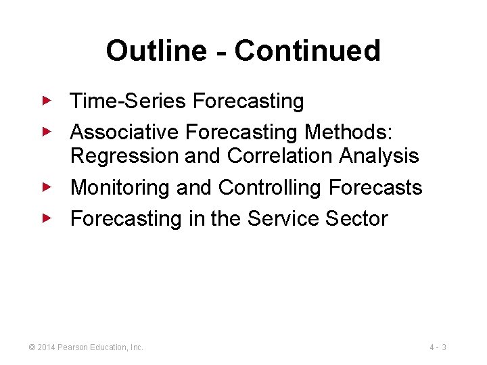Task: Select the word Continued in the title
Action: [308, 51]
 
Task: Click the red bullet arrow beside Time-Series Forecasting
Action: [46, 101]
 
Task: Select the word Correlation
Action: [280, 156]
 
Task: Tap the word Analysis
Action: [379, 156]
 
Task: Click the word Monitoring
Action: [120, 187]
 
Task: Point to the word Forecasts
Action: [375, 187]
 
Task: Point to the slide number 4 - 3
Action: [438, 347]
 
